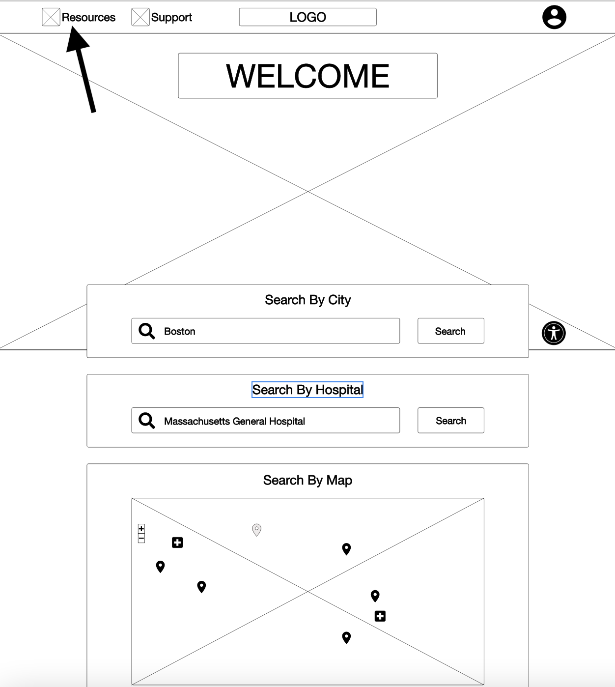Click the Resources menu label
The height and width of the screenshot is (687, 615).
[88, 17]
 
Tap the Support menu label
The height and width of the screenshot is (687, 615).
[171, 17]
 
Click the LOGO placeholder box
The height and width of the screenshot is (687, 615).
[307, 17]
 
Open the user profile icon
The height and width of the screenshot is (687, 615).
[554, 17]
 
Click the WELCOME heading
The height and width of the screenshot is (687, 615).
[307, 76]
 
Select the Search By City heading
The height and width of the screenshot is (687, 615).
[307, 300]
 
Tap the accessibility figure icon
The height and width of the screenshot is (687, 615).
[554, 333]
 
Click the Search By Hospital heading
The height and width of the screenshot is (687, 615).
[307, 390]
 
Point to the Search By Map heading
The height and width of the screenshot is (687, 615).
[307, 480]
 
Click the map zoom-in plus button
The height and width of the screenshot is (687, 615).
[141, 529]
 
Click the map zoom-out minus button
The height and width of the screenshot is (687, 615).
[141, 539]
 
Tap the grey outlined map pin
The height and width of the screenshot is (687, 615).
[256, 529]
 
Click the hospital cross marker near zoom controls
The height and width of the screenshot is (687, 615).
[177, 543]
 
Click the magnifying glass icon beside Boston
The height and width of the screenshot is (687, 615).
[146, 331]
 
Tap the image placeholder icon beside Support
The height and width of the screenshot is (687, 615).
[140, 17]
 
